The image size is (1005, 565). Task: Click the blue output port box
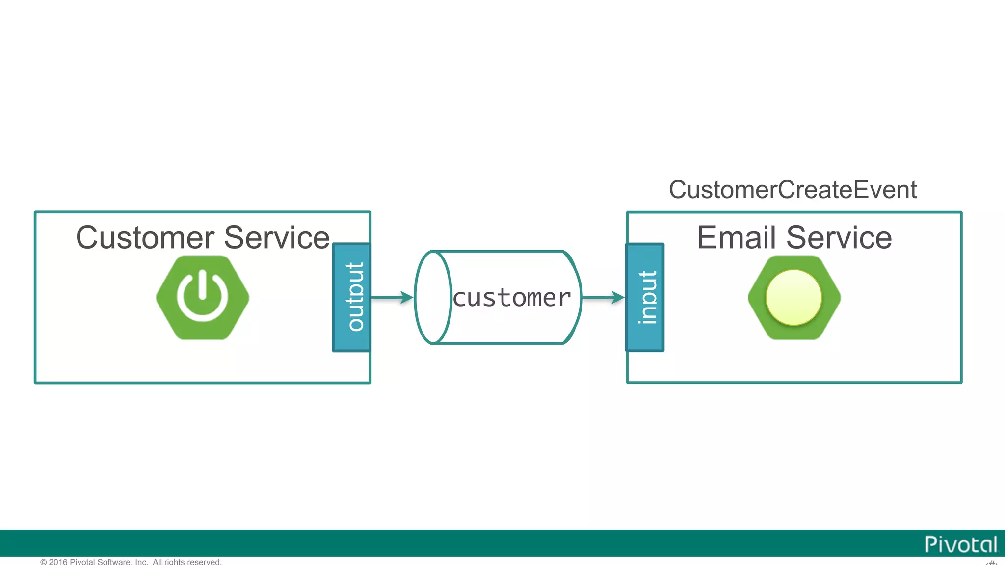tap(351, 297)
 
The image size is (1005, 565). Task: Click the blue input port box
tap(645, 297)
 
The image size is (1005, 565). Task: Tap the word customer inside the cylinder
tap(512, 298)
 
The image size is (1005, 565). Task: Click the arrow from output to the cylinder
tap(392, 297)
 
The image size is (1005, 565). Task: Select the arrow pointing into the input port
tap(603, 297)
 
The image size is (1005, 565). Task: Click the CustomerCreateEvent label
tap(793, 190)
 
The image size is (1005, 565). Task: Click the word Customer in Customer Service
tap(145, 238)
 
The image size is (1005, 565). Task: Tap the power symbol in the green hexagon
tap(203, 297)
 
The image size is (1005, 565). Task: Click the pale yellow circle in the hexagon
tap(793, 297)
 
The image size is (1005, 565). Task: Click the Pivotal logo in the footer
tap(960, 544)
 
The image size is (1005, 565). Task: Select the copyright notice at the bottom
tap(131, 562)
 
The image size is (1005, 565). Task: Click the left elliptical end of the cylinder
tap(432, 297)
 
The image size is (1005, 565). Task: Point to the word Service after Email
tap(839, 238)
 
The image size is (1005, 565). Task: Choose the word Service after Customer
tap(277, 238)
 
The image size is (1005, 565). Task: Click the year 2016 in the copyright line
tap(58, 562)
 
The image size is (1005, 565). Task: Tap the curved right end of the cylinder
tap(574, 297)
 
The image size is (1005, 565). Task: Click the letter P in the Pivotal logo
tap(930, 544)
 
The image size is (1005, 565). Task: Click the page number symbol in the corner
tap(991, 562)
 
